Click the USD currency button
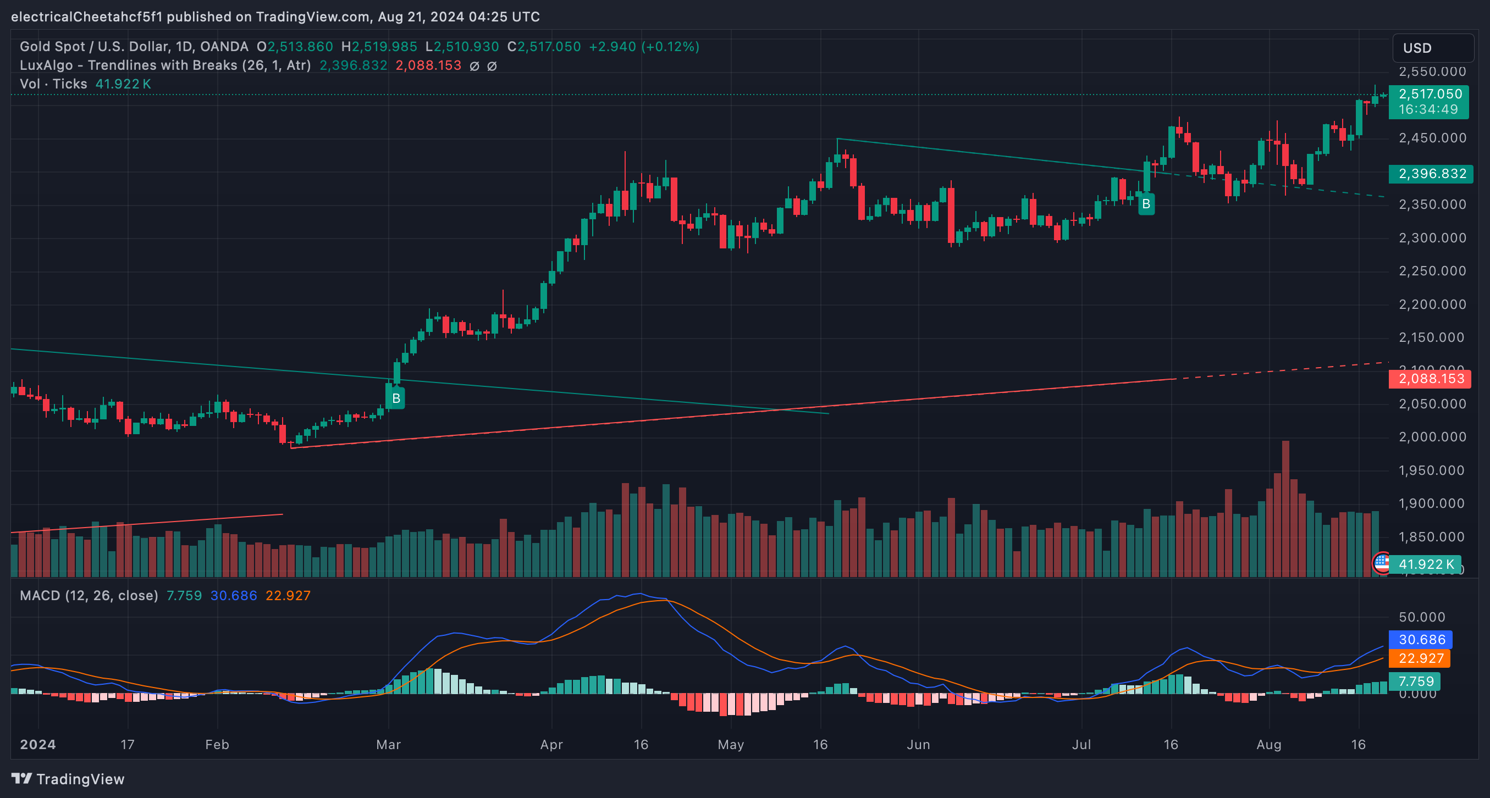1432,48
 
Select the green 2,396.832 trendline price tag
1431,174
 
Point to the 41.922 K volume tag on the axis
1425,564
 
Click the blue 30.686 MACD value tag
1421,640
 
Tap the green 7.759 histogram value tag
1415,681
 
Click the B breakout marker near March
396,398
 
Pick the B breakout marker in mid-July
1146,204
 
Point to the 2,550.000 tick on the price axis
1432,71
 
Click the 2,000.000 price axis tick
1432,437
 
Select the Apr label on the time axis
551,745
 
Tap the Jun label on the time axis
918,745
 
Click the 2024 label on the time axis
37,745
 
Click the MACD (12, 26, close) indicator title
89,596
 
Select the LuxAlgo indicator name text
165,65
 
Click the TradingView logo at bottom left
68,779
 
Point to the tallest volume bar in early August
1285,509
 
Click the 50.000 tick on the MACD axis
1421,617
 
